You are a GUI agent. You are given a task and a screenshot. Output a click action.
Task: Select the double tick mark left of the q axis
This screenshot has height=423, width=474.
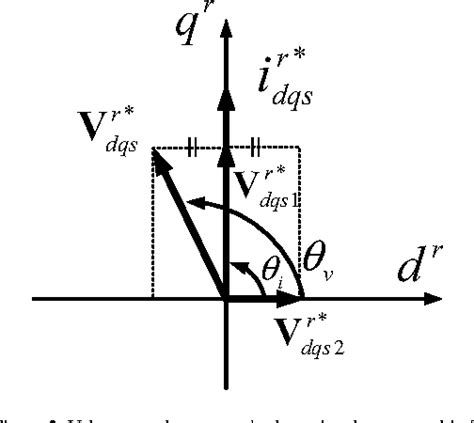191,149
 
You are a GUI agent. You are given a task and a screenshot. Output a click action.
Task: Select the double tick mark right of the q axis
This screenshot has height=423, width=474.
258,149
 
